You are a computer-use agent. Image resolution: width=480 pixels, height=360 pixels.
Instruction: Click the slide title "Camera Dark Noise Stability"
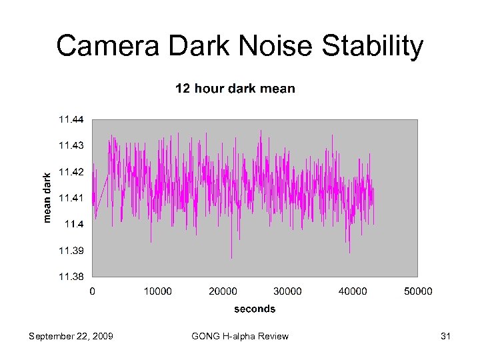[240, 47]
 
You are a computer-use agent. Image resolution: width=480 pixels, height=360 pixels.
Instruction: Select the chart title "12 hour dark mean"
[235, 89]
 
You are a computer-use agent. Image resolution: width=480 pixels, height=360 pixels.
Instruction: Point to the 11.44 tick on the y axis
[71, 120]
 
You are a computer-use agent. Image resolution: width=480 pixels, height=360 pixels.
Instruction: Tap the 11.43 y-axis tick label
[71, 145]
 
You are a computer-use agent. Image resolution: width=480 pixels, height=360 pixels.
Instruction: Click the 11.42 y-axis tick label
[71, 172]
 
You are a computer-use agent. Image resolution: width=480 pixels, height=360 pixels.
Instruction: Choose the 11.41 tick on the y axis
[71, 198]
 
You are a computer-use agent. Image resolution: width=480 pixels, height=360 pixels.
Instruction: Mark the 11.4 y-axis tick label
[74, 224]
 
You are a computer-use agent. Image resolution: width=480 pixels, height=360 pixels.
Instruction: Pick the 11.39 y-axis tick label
[71, 251]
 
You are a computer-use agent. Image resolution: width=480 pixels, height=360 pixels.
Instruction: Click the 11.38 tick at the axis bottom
[71, 276]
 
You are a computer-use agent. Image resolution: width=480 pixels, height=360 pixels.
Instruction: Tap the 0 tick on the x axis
[92, 291]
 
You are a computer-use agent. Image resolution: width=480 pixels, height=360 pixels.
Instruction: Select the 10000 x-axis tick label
[157, 291]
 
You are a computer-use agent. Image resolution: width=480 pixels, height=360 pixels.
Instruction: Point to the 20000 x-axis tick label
[223, 291]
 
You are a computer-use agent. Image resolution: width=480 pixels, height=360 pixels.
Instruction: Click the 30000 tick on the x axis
[288, 291]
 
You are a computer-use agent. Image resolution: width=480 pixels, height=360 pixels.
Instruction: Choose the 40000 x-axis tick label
[353, 291]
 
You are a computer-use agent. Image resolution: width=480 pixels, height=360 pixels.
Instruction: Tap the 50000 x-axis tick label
[418, 291]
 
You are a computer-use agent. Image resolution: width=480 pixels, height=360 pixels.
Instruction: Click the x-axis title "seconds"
[255, 309]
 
